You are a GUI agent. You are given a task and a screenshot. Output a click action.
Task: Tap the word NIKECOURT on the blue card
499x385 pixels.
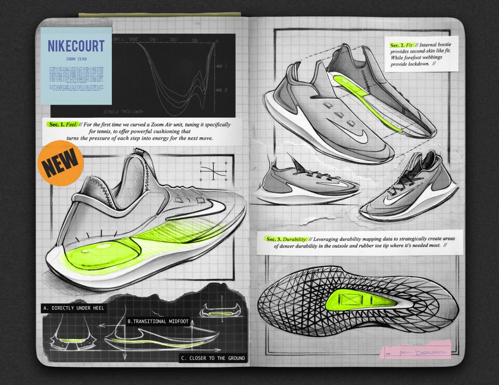(76, 46)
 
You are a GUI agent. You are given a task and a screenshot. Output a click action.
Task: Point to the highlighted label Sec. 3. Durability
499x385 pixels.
(285, 239)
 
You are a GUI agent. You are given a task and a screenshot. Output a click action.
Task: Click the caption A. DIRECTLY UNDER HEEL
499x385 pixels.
(73, 308)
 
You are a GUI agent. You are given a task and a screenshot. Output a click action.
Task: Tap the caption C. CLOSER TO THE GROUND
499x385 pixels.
(213, 359)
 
